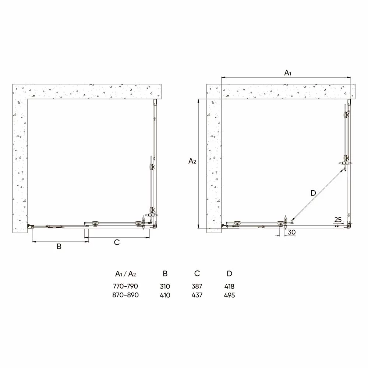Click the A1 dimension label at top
coord(288,73)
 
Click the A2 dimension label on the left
coord(192,161)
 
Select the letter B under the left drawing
coord(59,247)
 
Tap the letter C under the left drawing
coord(117,242)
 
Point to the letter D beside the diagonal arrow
coord(313,193)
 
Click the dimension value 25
coord(338,220)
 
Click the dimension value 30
coord(292,232)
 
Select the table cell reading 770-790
coord(125,286)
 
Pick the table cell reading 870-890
coord(125,295)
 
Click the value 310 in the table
coord(165,286)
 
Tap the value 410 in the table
coord(165,295)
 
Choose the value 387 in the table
coord(197,286)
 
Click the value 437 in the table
coord(197,295)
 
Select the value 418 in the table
coord(229,286)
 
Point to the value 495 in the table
coord(229,295)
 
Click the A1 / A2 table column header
coord(125,274)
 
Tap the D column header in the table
coord(229,273)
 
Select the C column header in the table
coord(197,273)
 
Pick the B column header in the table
coord(165,273)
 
